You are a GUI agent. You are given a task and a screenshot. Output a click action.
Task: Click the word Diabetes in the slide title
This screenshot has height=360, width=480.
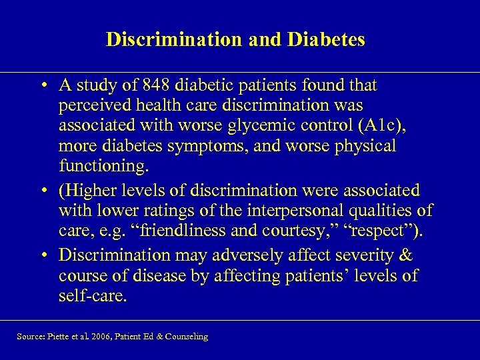click(326, 40)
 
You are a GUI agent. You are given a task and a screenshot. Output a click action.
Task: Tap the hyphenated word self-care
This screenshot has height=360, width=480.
click(92, 295)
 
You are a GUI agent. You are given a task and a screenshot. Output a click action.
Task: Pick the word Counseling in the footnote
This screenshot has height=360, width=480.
click(186, 337)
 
